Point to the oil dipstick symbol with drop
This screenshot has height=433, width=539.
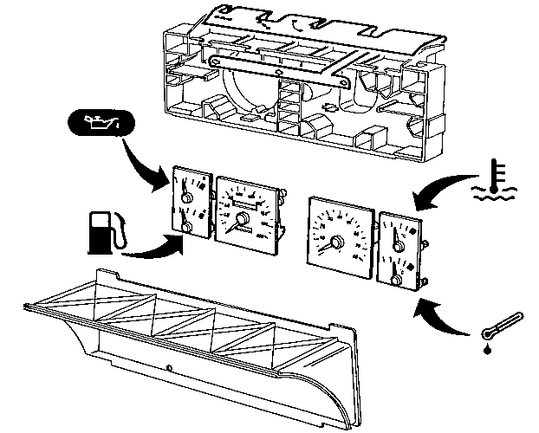503,326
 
